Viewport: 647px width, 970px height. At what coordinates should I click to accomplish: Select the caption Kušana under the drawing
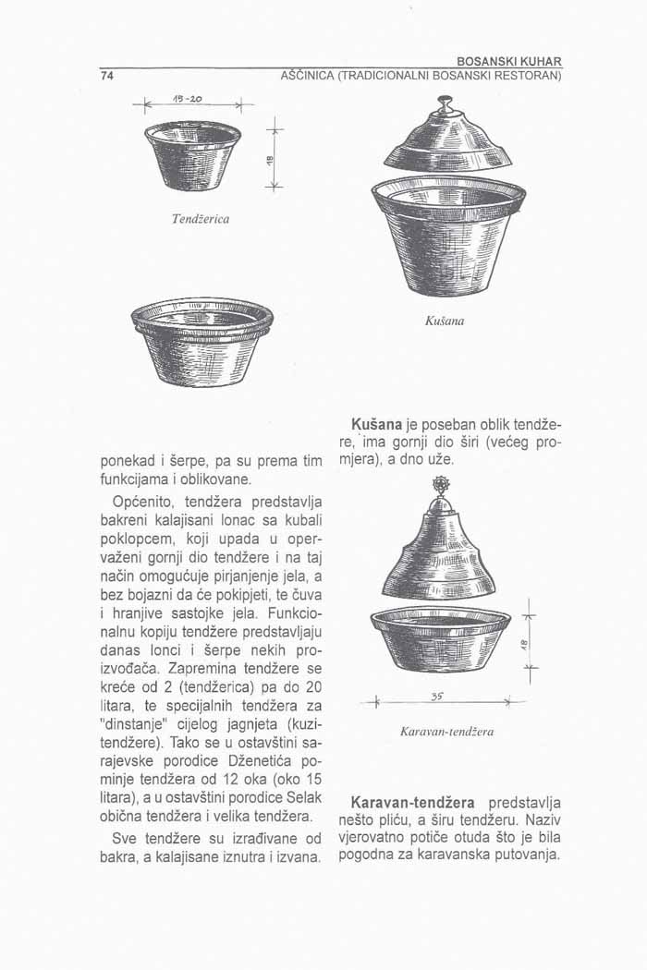[445, 322]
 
